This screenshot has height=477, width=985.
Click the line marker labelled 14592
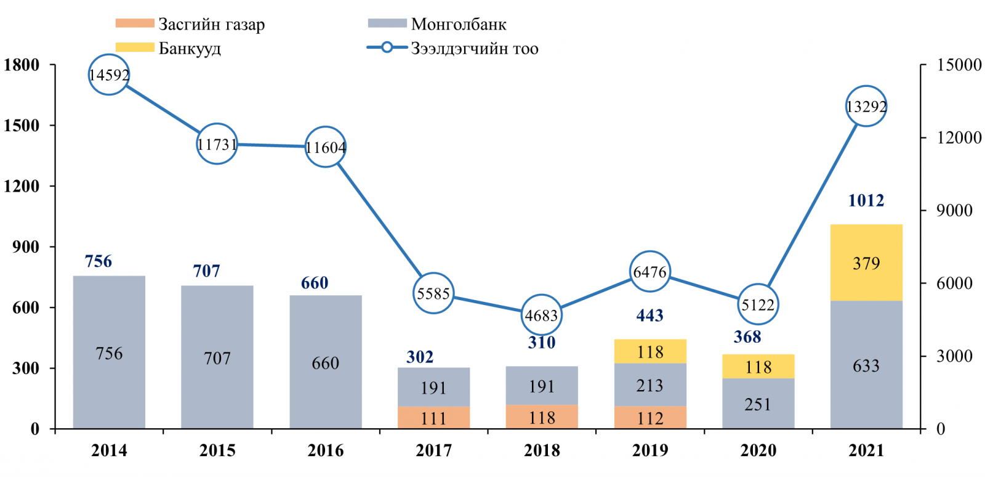[x=109, y=75]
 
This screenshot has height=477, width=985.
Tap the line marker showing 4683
[x=542, y=316]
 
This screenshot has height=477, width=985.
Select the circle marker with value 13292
[x=866, y=107]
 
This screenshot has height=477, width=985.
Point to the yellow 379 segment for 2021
[x=866, y=263]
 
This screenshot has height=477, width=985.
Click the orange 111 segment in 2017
[x=433, y=418]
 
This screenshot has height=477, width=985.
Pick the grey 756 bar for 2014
[x=109, y=353]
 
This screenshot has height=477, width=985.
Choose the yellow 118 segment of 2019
[x=650, y=351]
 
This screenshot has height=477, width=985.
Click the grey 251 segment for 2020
[x=758, y=404]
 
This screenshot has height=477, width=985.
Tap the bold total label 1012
[x=866, y=200]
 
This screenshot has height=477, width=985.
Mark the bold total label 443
[x=650, y=316]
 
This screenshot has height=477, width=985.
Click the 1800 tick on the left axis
[x=22, y=65]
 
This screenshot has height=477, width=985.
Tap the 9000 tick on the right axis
[x=954, y=210]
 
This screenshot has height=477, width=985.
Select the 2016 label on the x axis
[x=326, y=450]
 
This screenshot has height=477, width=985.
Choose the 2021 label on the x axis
[x=866, y=450]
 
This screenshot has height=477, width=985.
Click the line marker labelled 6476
[x=650, y=272]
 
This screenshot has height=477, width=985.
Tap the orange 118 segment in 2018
[x=542, y=417]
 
